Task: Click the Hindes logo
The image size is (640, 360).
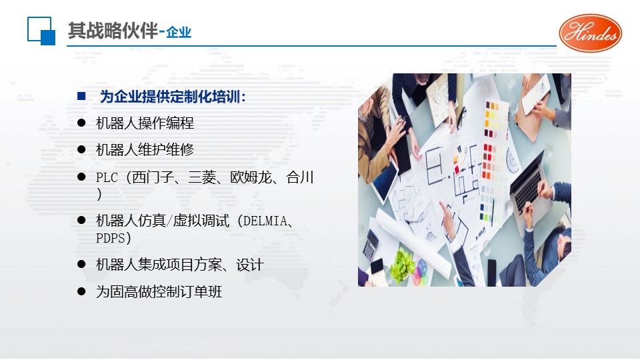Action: tap(590, 33)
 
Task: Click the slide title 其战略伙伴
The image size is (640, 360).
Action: tap(113, 31)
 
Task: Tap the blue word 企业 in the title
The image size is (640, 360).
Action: tap(179, 32)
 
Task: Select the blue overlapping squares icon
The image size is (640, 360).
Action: tap(41, 31)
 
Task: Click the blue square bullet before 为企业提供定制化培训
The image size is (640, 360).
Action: tap(81, 96)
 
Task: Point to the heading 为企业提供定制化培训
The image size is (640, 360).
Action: tap(173, 97)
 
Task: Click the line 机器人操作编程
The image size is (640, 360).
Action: tap(145, 123)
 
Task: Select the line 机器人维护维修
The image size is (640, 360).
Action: tap(145, 150)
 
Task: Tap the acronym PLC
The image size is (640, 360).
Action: tap(107, 177)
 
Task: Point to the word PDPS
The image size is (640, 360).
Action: tap(110, 238)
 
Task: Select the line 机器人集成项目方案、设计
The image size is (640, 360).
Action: tap(180, 265)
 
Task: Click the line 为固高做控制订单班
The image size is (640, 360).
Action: tap(159, 292)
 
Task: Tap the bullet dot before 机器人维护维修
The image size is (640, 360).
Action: tap(81, 150)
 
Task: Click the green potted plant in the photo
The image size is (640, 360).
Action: tap(403, 266)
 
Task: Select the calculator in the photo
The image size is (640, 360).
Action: tap(370, 245)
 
